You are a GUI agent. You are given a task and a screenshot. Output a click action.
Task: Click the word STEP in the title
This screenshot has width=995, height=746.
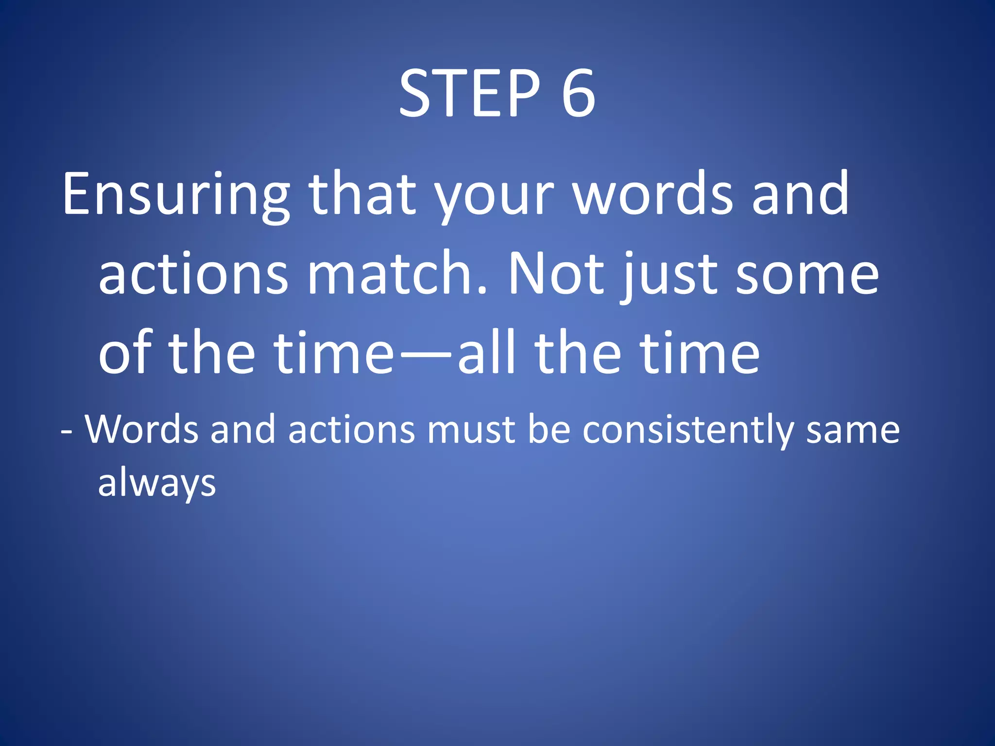click(469, 93)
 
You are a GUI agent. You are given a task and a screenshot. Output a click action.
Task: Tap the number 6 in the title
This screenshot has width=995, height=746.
click(578, 93)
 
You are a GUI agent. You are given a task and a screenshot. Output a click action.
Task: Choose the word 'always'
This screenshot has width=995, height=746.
click(156, 484)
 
